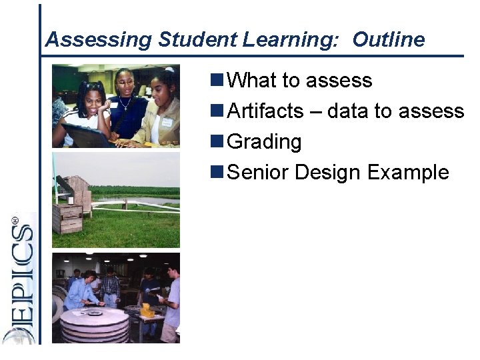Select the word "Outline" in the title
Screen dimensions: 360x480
[388, 40]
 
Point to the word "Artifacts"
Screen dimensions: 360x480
[265, 111]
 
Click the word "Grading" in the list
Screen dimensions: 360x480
[265, 142]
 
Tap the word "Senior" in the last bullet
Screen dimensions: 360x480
[258, 173]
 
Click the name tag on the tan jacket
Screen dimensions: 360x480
[166, 123]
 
